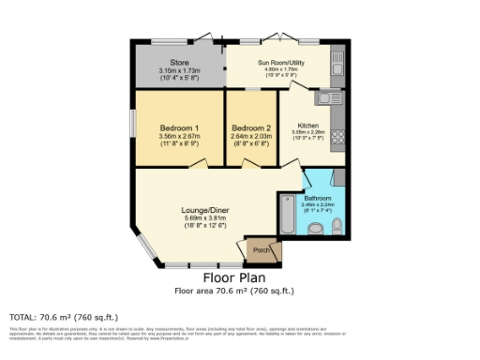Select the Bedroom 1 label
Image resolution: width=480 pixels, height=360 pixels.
[x=179, y=127]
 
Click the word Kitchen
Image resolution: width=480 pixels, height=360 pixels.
[x=308, y=126]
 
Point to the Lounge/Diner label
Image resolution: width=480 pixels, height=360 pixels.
[x=202, y=210]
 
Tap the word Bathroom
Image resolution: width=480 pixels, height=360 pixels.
[x=317, y=199]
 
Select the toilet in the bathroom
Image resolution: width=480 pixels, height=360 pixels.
[x=318, y=228]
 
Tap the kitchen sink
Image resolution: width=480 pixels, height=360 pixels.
[x=327, y=96]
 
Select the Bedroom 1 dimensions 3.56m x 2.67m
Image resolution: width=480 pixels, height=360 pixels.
[x=179, y=136]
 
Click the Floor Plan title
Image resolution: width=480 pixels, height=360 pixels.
[x=233, y=278]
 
